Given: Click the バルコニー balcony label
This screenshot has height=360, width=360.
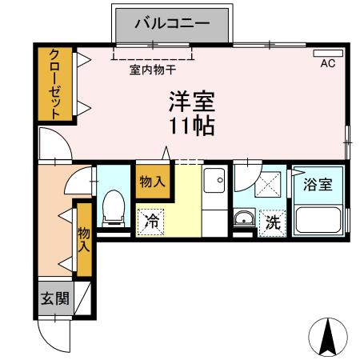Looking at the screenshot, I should coord(171,23).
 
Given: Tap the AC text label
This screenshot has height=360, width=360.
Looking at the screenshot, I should coord(327,63).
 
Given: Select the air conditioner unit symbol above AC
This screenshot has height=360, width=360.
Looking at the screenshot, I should coord(332,53).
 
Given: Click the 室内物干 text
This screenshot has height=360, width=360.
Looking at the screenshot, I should coord(152,70).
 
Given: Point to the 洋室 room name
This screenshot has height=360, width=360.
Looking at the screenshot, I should coord(191,102).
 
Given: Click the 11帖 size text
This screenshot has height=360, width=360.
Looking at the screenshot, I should coord(191,126).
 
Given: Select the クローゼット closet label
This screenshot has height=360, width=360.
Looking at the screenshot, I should coord(54,84).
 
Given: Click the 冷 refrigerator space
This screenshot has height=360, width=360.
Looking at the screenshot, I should coord(151,222).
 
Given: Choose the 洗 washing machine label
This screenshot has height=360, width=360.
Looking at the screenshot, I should coord(273,223).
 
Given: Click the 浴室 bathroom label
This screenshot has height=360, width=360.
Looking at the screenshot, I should coord(318,185).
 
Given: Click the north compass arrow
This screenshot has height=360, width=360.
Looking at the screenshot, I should coord(327,337).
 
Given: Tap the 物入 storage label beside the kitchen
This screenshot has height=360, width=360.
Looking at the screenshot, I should coord(152,182).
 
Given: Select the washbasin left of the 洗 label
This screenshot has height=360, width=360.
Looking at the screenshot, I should coord(243,219).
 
